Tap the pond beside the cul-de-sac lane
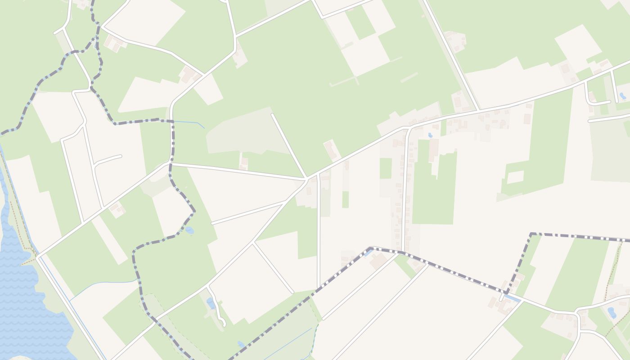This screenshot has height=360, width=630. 211,303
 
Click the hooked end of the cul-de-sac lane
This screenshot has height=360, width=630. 223,324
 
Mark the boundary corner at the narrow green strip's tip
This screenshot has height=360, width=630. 531,234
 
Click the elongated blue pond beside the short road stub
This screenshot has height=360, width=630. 512,298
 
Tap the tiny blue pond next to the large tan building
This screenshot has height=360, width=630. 369,253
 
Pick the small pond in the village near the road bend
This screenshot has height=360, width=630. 430,135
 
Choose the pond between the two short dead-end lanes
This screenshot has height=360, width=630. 622,96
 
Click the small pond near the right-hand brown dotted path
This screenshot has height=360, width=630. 612,312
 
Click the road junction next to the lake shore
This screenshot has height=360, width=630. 37,257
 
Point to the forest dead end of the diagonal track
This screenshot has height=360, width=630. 271,114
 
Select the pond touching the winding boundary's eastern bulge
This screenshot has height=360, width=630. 189,230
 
